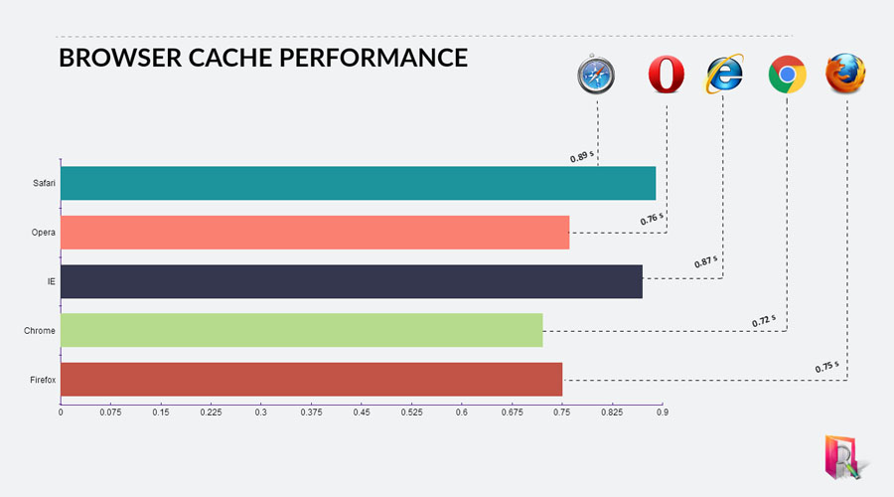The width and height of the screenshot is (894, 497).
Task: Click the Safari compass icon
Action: pyautogui.click(x=596, y=75)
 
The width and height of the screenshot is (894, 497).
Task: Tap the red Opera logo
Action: pyautogui.click(x=666, y=75)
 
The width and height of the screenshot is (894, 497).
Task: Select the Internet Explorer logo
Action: pyautogui.click(x=725, y=74)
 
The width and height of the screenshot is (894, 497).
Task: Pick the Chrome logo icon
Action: pyautogui.click(x=788, y=75)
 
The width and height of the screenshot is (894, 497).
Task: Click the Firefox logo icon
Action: pyautogui.click(x=845, y=73)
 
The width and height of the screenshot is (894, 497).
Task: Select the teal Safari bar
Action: pyautogui.click(x=358, y=183)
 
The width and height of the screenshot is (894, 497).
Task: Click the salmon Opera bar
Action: pyautogui.click(x=315, y=233)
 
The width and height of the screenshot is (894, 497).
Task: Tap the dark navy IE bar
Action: pyautogui.click(x=352, y=281)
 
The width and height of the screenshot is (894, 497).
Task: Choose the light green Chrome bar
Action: pyautogui.click(x=302, y=330)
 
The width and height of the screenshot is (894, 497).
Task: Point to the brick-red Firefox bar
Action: pyautogui.click(x=311, y=380)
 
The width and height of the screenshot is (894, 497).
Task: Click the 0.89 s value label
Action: pyautogui.click(x=581, y=156)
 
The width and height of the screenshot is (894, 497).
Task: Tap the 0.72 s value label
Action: pyautogui.click(x=764, y=321)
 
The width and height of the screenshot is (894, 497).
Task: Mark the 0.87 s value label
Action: pyautogui.click(x=706, y=261)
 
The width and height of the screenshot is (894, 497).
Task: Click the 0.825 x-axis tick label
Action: pyautogui.click(x=612, y=412)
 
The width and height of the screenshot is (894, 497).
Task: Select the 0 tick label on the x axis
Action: pyautogui.click(x=61, y=412)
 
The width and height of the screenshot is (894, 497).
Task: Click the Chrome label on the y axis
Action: pyautogui.click(x=40, y=330)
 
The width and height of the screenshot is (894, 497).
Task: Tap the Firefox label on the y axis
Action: pyautogui.click(x=43, y=380)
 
